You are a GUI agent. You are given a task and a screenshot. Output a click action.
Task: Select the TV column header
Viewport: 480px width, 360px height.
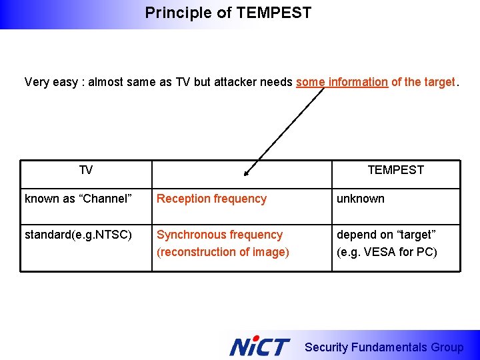(x=86, y=171)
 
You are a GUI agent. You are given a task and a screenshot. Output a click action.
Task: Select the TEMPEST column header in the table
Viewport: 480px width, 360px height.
(x=395, y=170)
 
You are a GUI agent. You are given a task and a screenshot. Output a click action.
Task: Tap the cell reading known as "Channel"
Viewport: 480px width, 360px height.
(x=78, y=199)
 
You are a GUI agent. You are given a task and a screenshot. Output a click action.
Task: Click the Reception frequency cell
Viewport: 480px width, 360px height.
(x=211, y=199)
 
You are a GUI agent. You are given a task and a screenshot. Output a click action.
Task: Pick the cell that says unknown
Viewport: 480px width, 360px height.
(x=360, y=199)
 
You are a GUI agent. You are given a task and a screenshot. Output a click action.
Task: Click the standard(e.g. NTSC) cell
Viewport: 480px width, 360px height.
(x=78, y=235)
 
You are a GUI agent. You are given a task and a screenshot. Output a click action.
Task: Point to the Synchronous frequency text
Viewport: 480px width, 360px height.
(x=219, y=235)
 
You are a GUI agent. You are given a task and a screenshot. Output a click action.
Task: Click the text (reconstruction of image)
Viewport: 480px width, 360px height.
(x=223, y=252)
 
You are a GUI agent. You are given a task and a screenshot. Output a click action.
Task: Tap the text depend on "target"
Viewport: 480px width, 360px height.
(x=386, y=235)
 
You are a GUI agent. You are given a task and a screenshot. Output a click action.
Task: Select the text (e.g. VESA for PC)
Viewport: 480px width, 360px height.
(x=387, y=252)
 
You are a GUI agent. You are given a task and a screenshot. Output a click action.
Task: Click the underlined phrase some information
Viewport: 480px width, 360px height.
(x=341, y=83)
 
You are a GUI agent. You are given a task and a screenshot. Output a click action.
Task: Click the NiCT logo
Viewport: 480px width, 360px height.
(x=259, y=347)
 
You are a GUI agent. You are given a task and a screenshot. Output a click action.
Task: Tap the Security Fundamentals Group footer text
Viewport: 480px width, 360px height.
(x=383, y=347)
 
